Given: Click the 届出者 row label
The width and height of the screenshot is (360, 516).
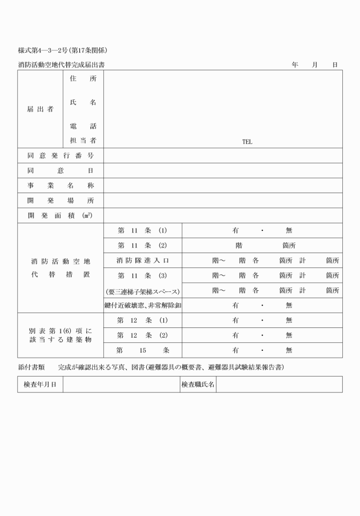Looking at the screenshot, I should (x=40, y=109).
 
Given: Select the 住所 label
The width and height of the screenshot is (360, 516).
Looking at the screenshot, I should (x=83, y=79).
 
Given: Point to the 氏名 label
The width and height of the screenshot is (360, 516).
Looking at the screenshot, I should (x=83, y=102).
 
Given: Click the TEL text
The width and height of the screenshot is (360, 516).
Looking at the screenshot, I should (x=247, y=142).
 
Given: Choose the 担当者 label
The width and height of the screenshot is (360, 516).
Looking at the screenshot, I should (x=83, y=141).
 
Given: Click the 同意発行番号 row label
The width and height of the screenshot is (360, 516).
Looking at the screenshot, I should (x=61, y=155).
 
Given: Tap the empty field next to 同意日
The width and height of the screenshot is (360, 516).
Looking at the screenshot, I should (x=223, y=171).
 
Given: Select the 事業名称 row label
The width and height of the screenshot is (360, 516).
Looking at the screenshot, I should (x=61, y=186).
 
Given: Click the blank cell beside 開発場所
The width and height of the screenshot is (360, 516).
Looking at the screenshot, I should (x=223, y=201).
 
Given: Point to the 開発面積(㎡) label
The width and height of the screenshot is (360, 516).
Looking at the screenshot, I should (x=61, y=215).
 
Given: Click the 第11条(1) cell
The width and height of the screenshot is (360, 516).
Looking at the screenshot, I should (x=142, y=230).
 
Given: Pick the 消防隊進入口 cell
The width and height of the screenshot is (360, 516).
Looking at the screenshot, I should (x=142, y=261).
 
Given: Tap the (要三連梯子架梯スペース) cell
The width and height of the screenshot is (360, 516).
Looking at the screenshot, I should (x=142, y=290).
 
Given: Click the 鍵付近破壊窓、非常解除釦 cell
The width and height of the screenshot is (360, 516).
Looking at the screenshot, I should (x=142, y=305).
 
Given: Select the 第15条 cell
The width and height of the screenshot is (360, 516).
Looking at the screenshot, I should (x=142, y=350).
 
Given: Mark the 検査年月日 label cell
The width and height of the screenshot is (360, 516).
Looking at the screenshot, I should (x=40, y=385).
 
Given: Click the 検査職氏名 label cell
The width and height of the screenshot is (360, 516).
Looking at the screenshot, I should (x=198, y=385).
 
